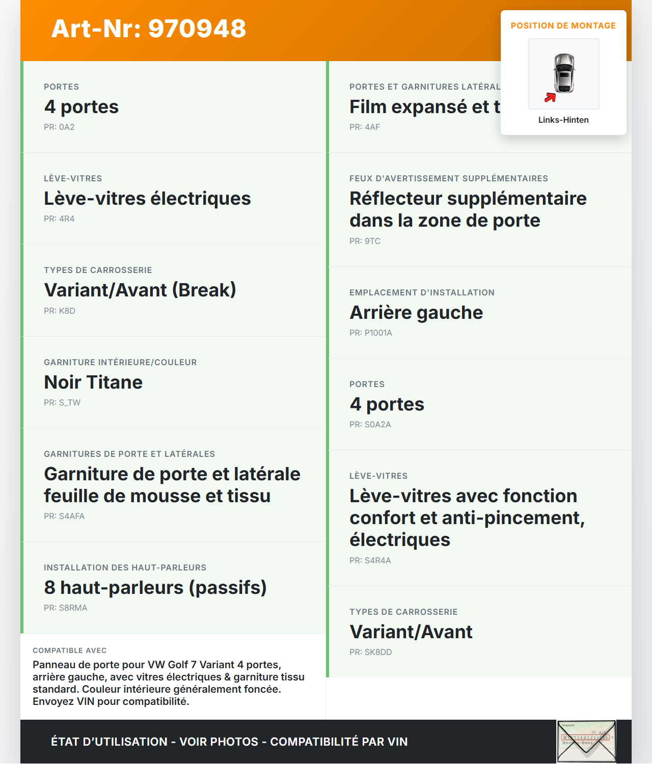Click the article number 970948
[x=148, y=29]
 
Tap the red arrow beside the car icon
[x=550, y=97]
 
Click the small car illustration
[x=564, y=73]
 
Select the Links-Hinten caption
[x=563, y=120]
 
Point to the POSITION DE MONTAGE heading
[x=563, y=25]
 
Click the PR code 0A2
[x=59, y=127]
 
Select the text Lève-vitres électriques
[x=147, y=199]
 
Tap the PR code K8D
[x=60, y=311]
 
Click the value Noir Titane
[x=93, y=382]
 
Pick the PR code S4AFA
[x=64, y=516]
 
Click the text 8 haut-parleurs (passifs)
[x=155, y=587]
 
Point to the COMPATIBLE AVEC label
[x=70, y=650]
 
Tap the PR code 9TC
[x=365, y=241]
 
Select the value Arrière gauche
[x=416, y=312]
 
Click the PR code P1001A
[x=371, y=333]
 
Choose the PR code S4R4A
[x=370, y=560]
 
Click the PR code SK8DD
[x=371, y=652]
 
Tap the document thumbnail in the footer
[x=586, y=741]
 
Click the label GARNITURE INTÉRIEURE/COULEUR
[x=120, y=362]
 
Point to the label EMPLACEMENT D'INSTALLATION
[x=422, y=292]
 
